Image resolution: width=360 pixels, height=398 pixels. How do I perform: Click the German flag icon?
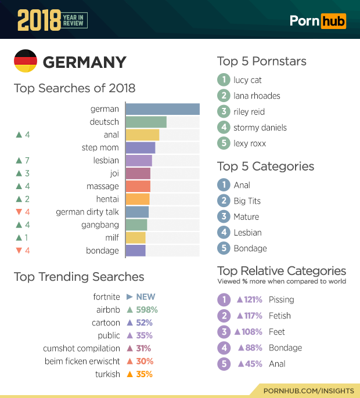point(25,61)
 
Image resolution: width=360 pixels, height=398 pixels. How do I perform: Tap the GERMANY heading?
point(84,62)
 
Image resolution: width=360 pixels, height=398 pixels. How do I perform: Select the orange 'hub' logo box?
point(333,21)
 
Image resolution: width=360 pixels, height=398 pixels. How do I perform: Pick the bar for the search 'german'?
point(162,109)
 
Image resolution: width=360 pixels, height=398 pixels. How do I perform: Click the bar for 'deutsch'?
point(146,122)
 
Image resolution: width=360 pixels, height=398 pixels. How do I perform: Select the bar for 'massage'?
point(138,186)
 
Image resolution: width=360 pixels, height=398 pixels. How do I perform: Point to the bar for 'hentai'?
point(137,199)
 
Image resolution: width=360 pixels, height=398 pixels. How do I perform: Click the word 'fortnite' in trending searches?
point(106,297)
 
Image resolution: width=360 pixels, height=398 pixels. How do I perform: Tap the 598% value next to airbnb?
point(147,310)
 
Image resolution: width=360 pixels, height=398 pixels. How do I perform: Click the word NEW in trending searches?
point(146,297)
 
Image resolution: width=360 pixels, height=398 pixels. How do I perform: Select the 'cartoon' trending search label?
point(106,323)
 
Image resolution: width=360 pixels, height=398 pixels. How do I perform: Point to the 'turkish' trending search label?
point(107,374)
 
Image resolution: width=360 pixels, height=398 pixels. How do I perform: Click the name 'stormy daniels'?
point(260,128)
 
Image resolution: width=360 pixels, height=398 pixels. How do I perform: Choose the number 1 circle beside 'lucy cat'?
point(223,80)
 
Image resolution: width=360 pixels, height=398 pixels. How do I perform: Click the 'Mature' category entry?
point(246,217)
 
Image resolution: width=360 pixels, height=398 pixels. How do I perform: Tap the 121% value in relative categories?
point(254,300)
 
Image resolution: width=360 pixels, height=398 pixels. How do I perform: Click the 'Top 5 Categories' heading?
point(265,167)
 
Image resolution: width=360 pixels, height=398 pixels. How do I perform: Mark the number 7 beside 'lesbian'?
point(27,161)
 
